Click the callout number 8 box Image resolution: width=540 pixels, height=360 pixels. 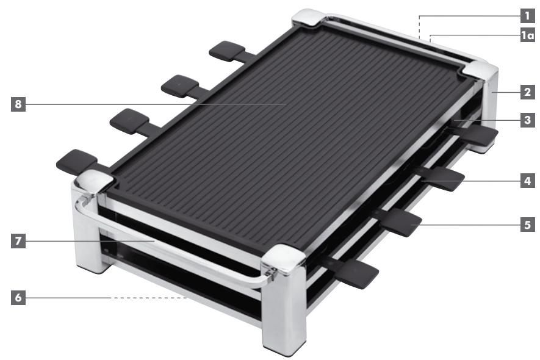point(19,104)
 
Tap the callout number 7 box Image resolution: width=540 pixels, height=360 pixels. point(19,241)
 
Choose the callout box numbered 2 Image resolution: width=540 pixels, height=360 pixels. point(527,93)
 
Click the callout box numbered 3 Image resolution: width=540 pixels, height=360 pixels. point(527,121)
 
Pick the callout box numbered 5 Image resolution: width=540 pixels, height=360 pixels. point(527,224)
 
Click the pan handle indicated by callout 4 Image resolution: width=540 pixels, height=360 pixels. point(442,178)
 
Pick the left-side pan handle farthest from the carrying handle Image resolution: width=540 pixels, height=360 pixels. point(227,51)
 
